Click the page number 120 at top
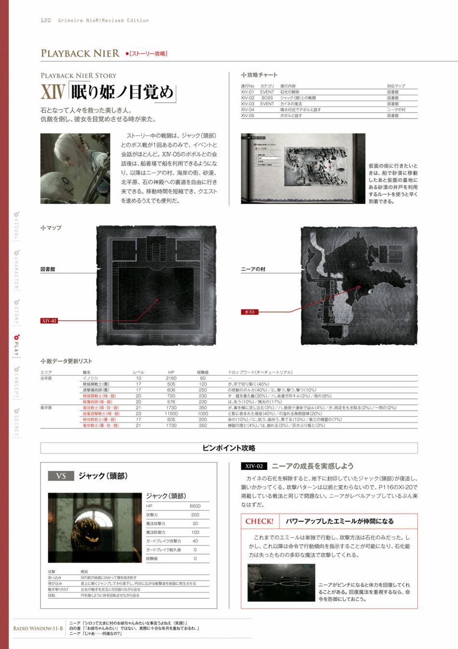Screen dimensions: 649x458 [x=45, y=20]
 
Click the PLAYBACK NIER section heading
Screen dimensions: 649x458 [x=80, y=53]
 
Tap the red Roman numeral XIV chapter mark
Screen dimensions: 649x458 [x=52, y=92]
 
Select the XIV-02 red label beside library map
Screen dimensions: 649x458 [x=49, y=321]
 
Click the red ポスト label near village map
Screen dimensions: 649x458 [x=250, y=312]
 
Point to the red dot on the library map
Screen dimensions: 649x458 [x=157, y=300]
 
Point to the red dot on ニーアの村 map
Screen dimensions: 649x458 [x=359, y=286]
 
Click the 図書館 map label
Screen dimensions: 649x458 [x=47, y=269]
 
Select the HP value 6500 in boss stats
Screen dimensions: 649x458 [x=195, y=506]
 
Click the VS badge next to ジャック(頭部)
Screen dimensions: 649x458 [x=61, y=476]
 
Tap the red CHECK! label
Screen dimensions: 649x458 [x=259, y=521]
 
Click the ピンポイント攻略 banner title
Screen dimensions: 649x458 [x=229, y=448]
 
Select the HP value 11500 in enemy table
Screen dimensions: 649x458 [x=171, y=413]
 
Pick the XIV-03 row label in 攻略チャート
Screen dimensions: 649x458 [x=248, y=104]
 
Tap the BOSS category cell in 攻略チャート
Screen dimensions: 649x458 [x=267, y=98]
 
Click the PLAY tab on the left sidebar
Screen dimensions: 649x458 [x=16, y=345]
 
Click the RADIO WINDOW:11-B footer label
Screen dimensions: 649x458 [x=38, y=628]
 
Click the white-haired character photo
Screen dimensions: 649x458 [x=75, y=169]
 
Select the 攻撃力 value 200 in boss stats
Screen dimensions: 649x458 [x=195, y=515]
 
